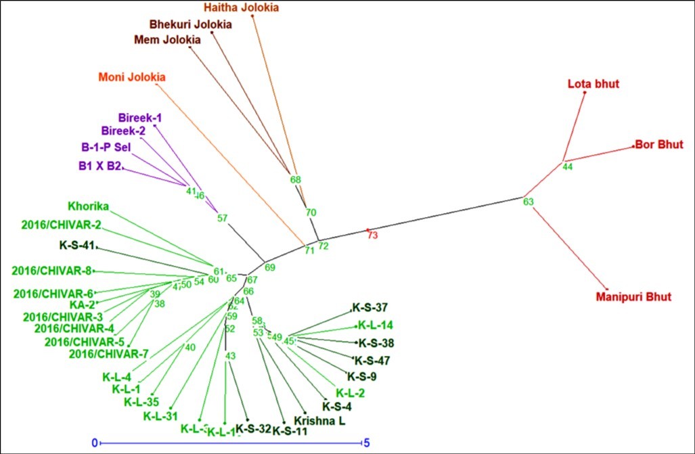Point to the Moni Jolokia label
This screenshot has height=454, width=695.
click(132, 76)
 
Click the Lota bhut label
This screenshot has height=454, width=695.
click(593, 85)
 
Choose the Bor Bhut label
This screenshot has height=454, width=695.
click(659, 145)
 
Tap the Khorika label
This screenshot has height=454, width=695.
click(89, 206)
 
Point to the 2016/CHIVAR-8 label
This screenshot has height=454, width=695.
click(51, 271)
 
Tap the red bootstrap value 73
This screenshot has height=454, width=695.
click(372, 235)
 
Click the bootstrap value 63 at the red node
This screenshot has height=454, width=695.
click(529, 202)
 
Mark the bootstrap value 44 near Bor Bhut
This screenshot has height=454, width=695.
click(568, 166)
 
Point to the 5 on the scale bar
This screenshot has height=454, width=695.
click(366, 442)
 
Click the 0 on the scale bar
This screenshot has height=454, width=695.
click(95, 442)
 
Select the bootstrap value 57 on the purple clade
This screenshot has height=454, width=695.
click(223, 218)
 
